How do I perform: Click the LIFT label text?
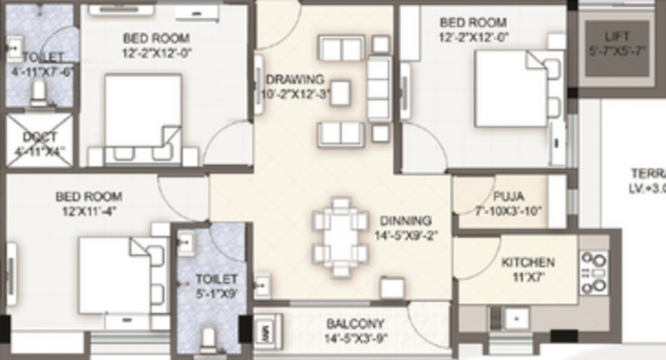(x=617, y=36)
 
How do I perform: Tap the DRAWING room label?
(x=295, y=79)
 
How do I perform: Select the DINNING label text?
(x=405, y=220)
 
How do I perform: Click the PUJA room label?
(x=508, y=196)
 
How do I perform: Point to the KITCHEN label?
(x=527, y=262)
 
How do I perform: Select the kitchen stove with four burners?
(x=594, y=273)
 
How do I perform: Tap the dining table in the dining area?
(x=340, y=237)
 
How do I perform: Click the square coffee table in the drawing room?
(x=340, y=93)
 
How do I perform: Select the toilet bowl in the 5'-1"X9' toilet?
(x=209, y=338)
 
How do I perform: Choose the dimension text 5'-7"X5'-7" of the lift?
(x=617, y=50)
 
